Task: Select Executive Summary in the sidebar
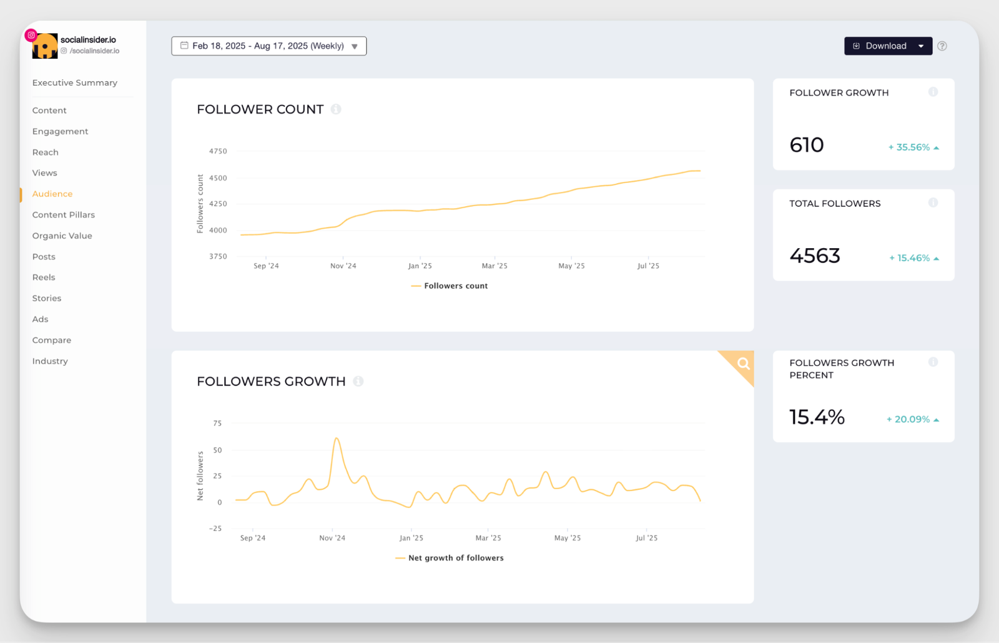(x=74, y=82)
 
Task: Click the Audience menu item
(x=52, y=194)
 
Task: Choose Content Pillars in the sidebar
(x=64, y=214)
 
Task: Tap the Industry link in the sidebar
(x=50, y=361)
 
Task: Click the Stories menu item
(x=47, y=298)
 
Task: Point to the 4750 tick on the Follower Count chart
(x=218, y=151)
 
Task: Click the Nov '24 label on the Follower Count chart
(x=343, y=266)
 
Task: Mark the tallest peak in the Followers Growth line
(x=337, y=438)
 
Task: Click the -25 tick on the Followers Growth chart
(x=215, y=528)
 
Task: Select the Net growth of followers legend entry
(x=455, y=558)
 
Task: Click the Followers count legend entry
(x=455, y=286)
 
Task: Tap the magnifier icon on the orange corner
(x=743, y=364)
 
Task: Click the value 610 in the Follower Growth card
(x=807, y=145)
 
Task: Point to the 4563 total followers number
(x=815, y=256)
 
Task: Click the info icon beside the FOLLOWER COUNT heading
(x=336, y=109)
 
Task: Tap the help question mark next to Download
(x=942, y=46)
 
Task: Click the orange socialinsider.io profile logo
(x=45, y=47)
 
